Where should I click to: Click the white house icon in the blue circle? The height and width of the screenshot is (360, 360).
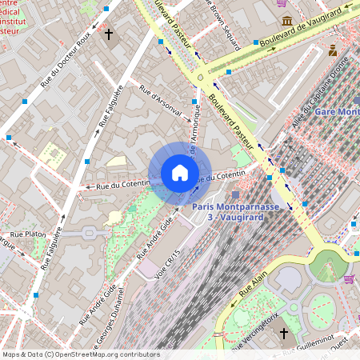point(180,173)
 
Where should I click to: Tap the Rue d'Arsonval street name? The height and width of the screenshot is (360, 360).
point(161,101)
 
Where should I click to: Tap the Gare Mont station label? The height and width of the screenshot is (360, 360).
point(336,111)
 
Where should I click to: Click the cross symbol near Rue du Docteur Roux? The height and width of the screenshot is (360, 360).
point(110,34)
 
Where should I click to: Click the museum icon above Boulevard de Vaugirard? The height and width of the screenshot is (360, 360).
point(286,21)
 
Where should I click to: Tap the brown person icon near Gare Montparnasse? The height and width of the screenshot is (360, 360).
point(333,50)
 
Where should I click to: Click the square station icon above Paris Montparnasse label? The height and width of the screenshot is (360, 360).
point(234,194)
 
